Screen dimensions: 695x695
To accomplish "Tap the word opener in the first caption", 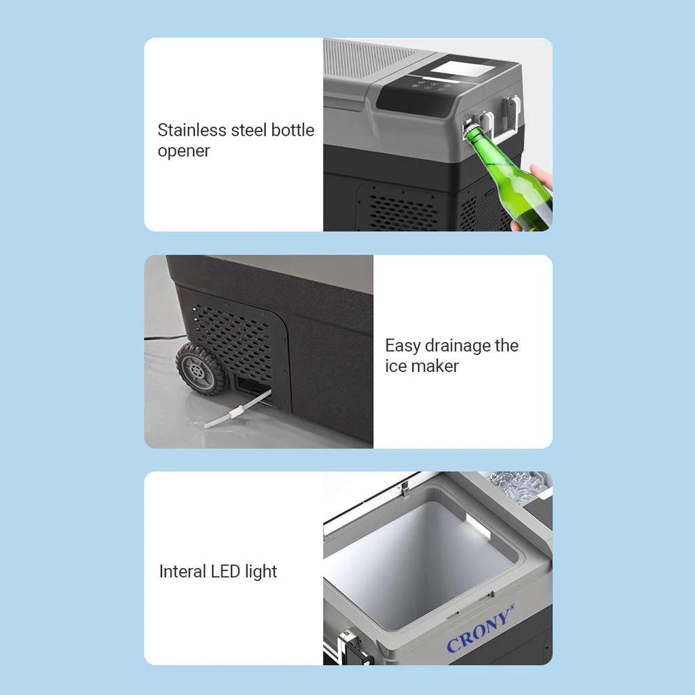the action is tap(183, 151).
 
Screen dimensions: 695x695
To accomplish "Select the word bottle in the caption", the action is tap(293, 130).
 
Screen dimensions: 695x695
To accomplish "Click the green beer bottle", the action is tap(510, 177).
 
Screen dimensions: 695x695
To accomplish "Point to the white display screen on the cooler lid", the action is tap(463, 69).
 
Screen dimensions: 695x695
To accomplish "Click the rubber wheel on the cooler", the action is tap(201, 369).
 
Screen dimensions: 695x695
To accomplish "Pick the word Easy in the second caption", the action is tap(402, 346).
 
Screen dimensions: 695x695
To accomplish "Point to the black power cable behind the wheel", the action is tap(165, 338).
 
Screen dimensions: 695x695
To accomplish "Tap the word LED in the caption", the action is tap(225, 571).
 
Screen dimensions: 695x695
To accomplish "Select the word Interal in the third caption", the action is tap(182, 571).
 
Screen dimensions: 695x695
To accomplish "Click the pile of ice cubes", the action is tap(519, 485).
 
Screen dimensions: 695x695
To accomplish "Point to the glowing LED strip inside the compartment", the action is tap(478, 527).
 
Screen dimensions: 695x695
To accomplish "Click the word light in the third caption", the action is tap(261, 571).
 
